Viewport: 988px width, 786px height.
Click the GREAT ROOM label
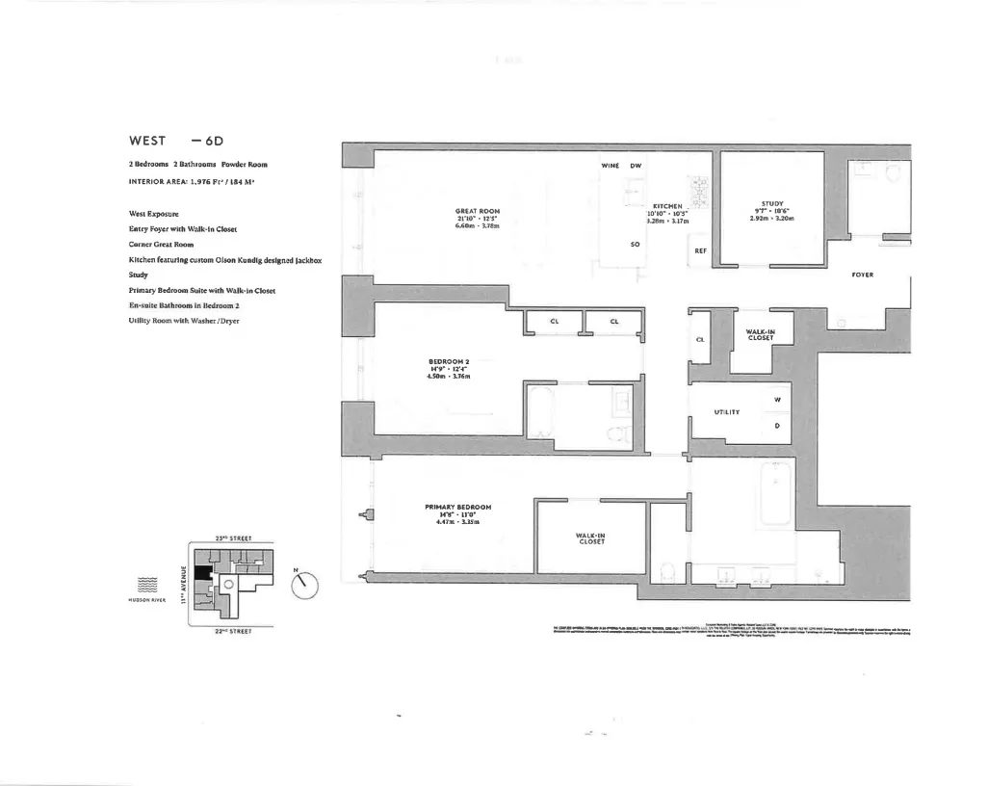tap(478, 211)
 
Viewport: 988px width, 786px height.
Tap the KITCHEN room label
tap(667, 206)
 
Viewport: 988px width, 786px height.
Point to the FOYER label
tap(862, 275)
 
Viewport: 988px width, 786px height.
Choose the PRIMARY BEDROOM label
tap(458, 507)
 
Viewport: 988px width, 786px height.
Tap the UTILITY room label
tap(726, 412)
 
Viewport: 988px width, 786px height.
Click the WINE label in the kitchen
tap(610, 166)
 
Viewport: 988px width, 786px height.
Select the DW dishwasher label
tap(636, 166)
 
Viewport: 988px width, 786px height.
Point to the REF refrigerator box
tap(700, 252)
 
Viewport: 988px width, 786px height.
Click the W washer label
tap(776, 400)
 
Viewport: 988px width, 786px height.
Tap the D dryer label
tap(776, 425)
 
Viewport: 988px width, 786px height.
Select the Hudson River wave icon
tap(147, 584)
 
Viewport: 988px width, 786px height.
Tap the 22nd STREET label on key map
tap(232, 631)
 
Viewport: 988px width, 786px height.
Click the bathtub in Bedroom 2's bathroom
tap(542, 415)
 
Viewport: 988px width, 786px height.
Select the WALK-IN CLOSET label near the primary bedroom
tap(589, 538)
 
